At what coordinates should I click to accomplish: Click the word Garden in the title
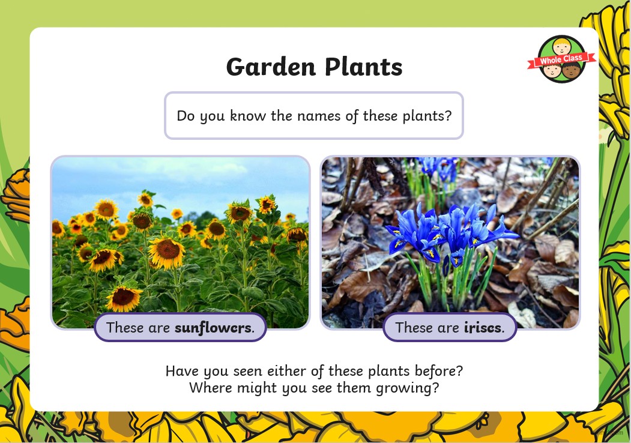coord(271,67)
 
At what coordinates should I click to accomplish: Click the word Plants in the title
coord(364,67)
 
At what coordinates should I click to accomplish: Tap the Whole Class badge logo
coord(562,59)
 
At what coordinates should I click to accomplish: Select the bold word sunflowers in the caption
coord(213,328)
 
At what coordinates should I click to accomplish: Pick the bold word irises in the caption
coord(483,328)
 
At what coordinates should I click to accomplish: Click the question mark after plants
coord(448,116)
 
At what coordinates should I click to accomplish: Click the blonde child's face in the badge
coord(561,46)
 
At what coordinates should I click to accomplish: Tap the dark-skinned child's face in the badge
coord(572,71)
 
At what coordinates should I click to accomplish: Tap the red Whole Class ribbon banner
coord(562,61)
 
